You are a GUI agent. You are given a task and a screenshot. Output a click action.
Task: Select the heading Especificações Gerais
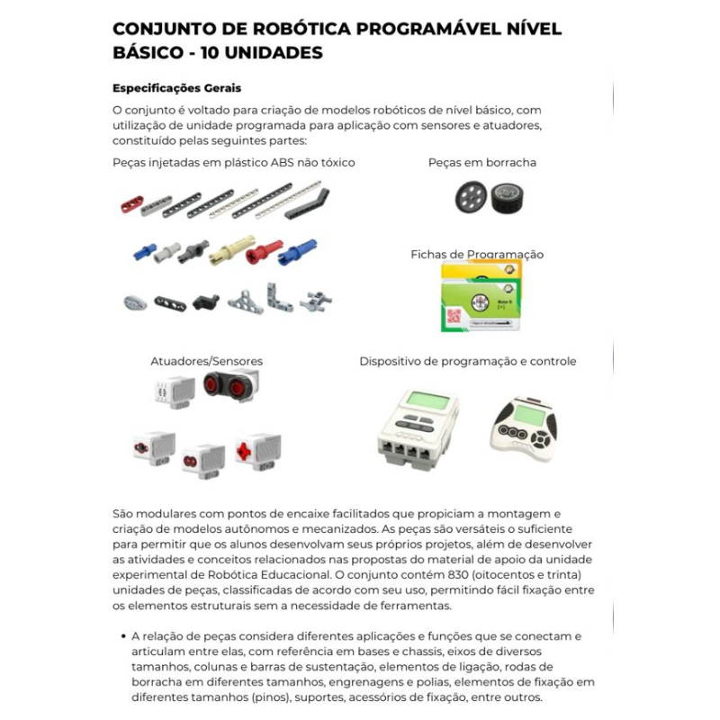point(177,88)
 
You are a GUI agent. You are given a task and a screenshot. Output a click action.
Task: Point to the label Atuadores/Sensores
point(206,361)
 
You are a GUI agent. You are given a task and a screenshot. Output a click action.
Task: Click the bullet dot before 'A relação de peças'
point(121,635)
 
